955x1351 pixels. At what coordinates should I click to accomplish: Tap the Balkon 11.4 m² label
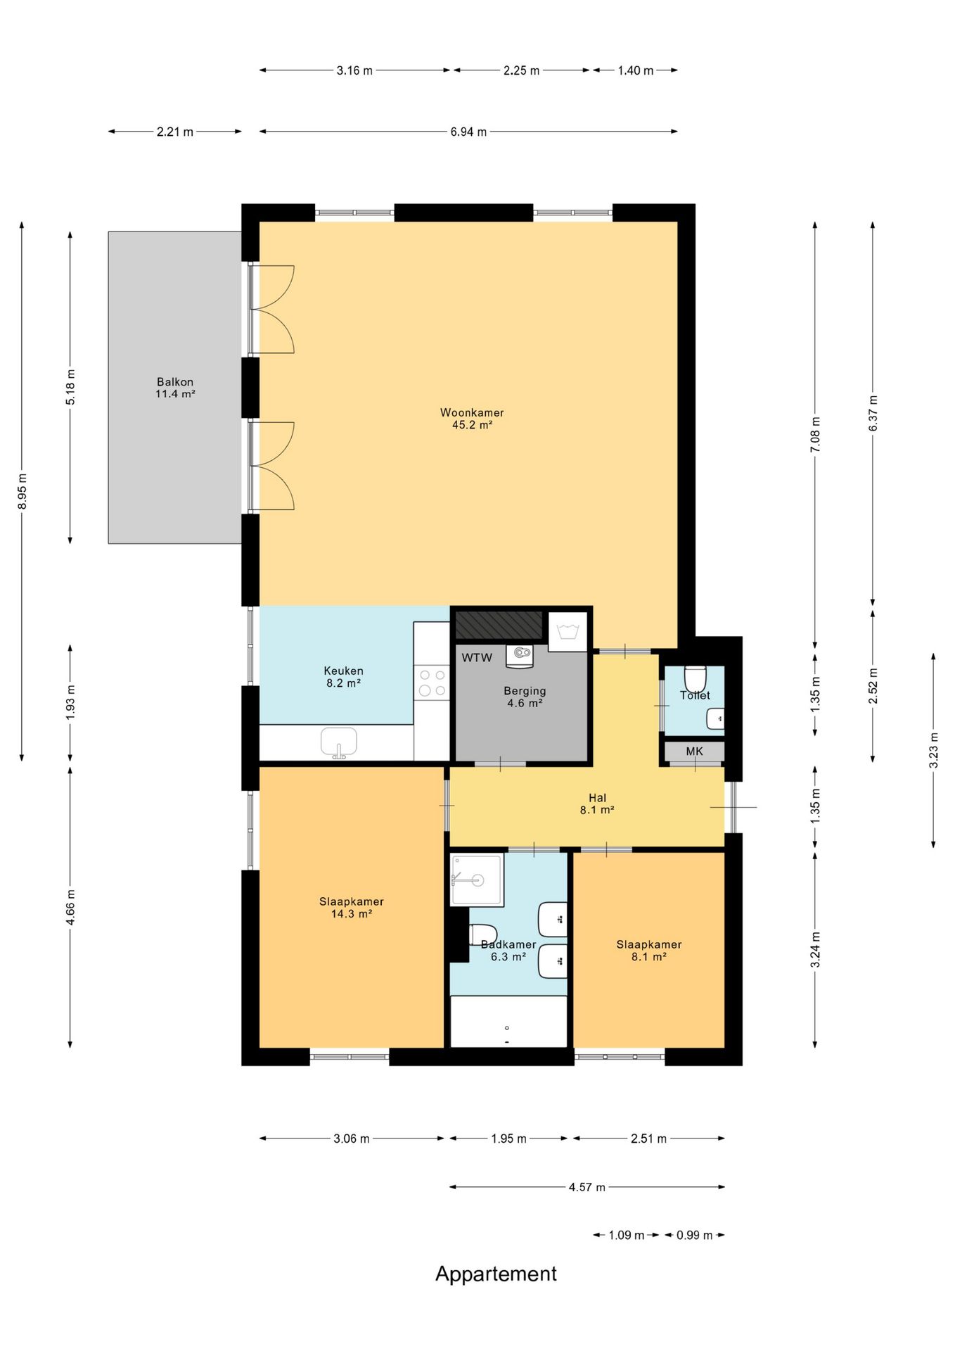click(175, 388)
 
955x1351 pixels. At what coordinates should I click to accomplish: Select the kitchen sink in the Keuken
click(339, 743)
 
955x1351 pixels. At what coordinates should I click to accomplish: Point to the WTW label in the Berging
click(477, 658)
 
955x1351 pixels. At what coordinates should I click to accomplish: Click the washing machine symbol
click(568, 631)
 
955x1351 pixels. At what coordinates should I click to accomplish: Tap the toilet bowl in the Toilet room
click(695, 678)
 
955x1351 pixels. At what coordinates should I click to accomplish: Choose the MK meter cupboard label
click(695, 751)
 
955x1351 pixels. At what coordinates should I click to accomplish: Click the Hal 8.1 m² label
click(597, 804)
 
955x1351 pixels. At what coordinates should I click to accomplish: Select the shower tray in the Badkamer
click(477, 880)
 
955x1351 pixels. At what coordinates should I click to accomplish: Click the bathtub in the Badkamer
click(508, 1022)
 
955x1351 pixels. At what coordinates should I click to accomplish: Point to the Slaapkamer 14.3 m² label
click(352, 908)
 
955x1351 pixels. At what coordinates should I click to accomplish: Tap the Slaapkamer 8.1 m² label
click(649, 951)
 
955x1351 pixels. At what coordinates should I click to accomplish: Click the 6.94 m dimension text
click(468, 132)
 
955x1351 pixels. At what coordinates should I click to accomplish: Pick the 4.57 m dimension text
click(587, 1187)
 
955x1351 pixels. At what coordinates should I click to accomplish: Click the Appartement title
click(496, 1274)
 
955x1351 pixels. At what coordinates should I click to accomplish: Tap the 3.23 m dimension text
click(934, 750)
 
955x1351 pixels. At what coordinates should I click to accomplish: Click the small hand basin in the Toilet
click(715, 719)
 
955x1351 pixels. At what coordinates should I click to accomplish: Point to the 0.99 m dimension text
click(695, 1235)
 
